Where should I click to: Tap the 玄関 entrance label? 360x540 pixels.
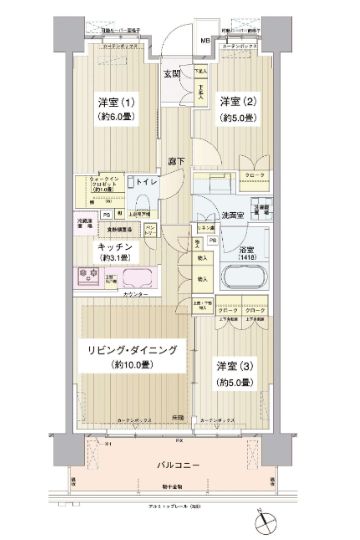point(171,73)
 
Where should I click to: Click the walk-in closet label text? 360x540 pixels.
point(96,185)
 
